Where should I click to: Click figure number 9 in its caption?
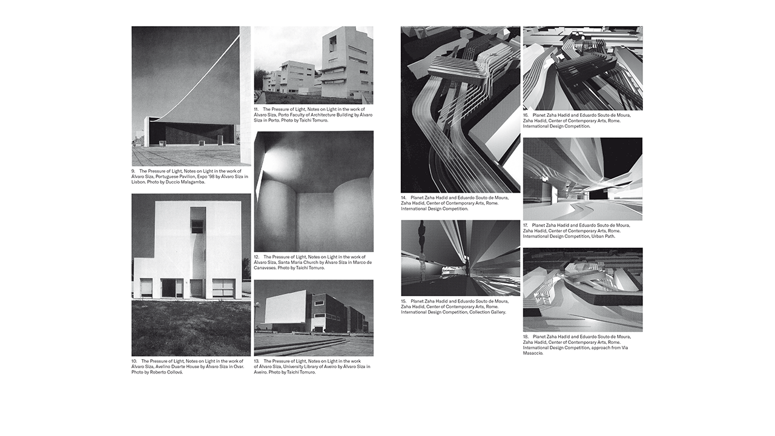134,171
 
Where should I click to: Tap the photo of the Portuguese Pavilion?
191,96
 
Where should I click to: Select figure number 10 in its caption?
135,362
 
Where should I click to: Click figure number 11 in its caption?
257,110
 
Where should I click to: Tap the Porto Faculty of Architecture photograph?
314,65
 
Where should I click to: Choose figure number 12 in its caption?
257,257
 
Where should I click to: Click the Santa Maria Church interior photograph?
314,191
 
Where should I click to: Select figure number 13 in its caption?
257,362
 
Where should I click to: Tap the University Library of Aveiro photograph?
314,317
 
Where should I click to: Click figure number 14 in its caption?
404,197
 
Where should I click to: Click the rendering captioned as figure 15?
460,258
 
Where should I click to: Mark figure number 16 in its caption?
526,115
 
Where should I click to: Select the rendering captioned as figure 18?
582,289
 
